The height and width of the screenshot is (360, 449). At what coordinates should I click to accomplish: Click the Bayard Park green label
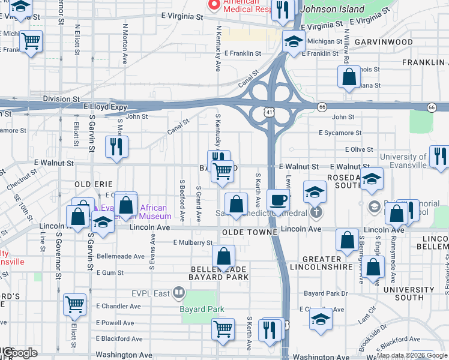[202, 310]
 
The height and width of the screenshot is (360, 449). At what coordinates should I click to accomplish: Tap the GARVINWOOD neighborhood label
[383, 42]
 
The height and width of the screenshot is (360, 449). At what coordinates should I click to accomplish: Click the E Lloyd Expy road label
[106, 107]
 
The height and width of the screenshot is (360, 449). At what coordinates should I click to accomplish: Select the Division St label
[61, 98]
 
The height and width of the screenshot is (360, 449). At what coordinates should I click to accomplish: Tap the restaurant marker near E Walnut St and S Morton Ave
[116, 146]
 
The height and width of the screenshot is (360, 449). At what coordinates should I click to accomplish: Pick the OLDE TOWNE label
[249, 232]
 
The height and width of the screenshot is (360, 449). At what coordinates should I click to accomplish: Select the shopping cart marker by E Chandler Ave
[74, 304]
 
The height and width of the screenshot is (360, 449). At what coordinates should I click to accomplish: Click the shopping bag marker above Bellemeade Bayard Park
[224, 256]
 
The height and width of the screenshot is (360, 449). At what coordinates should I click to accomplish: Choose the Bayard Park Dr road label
[325, 293]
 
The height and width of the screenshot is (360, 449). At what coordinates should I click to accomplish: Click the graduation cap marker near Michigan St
[294, 41]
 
